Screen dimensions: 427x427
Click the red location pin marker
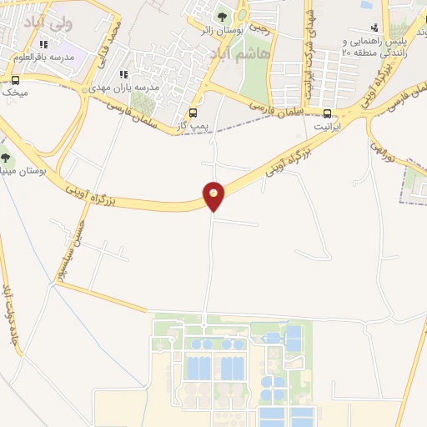click(214, 195)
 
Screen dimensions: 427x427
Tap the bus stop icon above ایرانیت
click(327, 113)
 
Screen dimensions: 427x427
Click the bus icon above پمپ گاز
click(193, 113)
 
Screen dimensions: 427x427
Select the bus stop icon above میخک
click(15, 80)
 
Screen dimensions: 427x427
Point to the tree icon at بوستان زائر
click(221, 17)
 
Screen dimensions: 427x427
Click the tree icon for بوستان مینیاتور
click(5, 156)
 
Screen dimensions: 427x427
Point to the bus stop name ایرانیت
click(327, 127)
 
